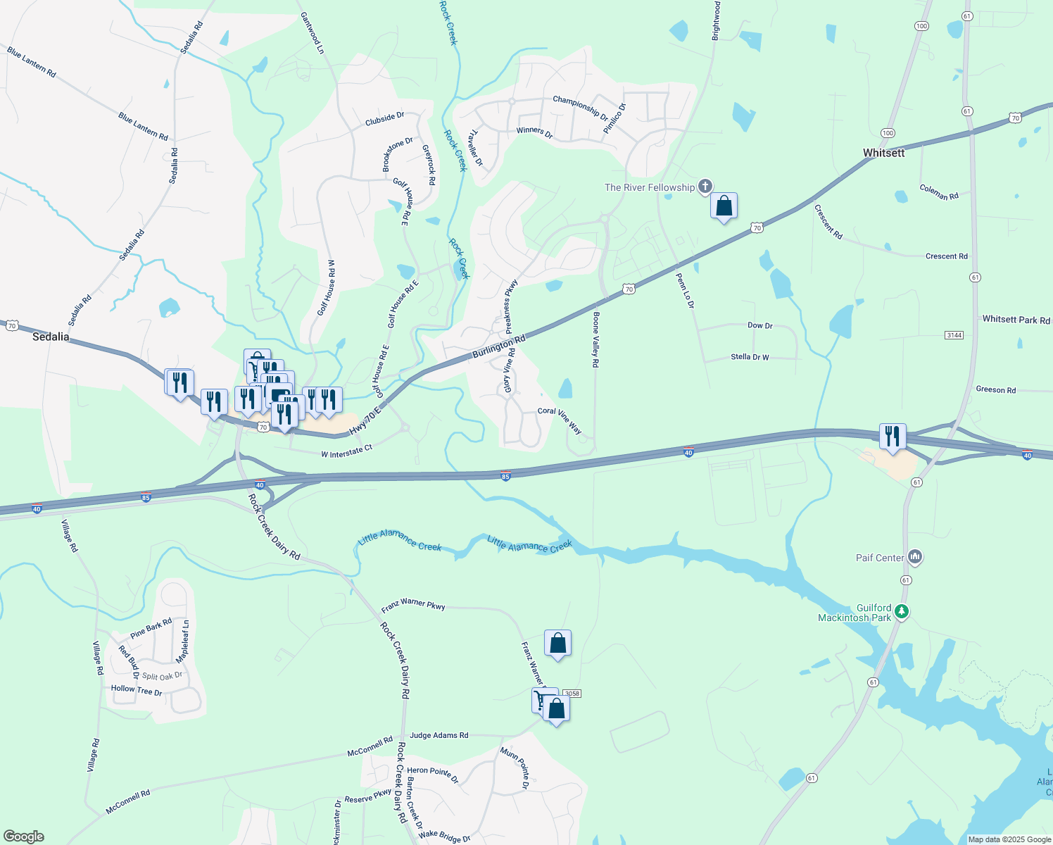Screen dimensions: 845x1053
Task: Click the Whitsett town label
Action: click(883, 153)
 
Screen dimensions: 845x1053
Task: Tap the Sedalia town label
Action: click(51, 337)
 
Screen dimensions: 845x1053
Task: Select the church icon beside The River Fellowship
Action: click(705, 187)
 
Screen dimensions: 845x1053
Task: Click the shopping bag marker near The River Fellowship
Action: click(724, 207)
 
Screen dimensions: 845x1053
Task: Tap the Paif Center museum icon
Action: click(915, 557)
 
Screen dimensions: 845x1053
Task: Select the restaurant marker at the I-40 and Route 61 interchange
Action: click(892, 437)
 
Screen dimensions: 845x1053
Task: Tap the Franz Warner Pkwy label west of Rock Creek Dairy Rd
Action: click(413, 605)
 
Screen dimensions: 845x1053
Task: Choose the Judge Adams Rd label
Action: click(439, 735)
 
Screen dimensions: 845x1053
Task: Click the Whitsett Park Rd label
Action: click(1016, 320)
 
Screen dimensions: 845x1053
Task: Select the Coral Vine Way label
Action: click(560, 420)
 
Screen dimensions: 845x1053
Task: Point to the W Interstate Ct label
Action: click(346, 452)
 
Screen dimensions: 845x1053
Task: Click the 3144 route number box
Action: click(954, 335)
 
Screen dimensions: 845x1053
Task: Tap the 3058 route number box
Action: click(572, 694)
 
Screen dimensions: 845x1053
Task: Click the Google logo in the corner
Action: click(23, 837)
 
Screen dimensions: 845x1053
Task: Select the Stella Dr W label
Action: click(750, 357)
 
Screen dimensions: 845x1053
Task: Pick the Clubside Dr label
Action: click(384, 119)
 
